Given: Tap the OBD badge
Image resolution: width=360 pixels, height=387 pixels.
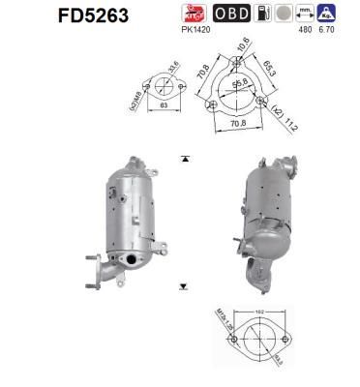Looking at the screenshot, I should (230, 14).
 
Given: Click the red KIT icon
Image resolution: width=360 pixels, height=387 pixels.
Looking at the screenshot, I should (192, 13).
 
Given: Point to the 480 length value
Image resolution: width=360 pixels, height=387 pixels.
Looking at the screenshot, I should (307, 29).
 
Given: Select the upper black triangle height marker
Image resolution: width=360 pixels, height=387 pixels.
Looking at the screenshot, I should (182, 156).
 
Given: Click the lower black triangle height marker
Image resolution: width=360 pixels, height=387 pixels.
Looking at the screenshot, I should (182, 287).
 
